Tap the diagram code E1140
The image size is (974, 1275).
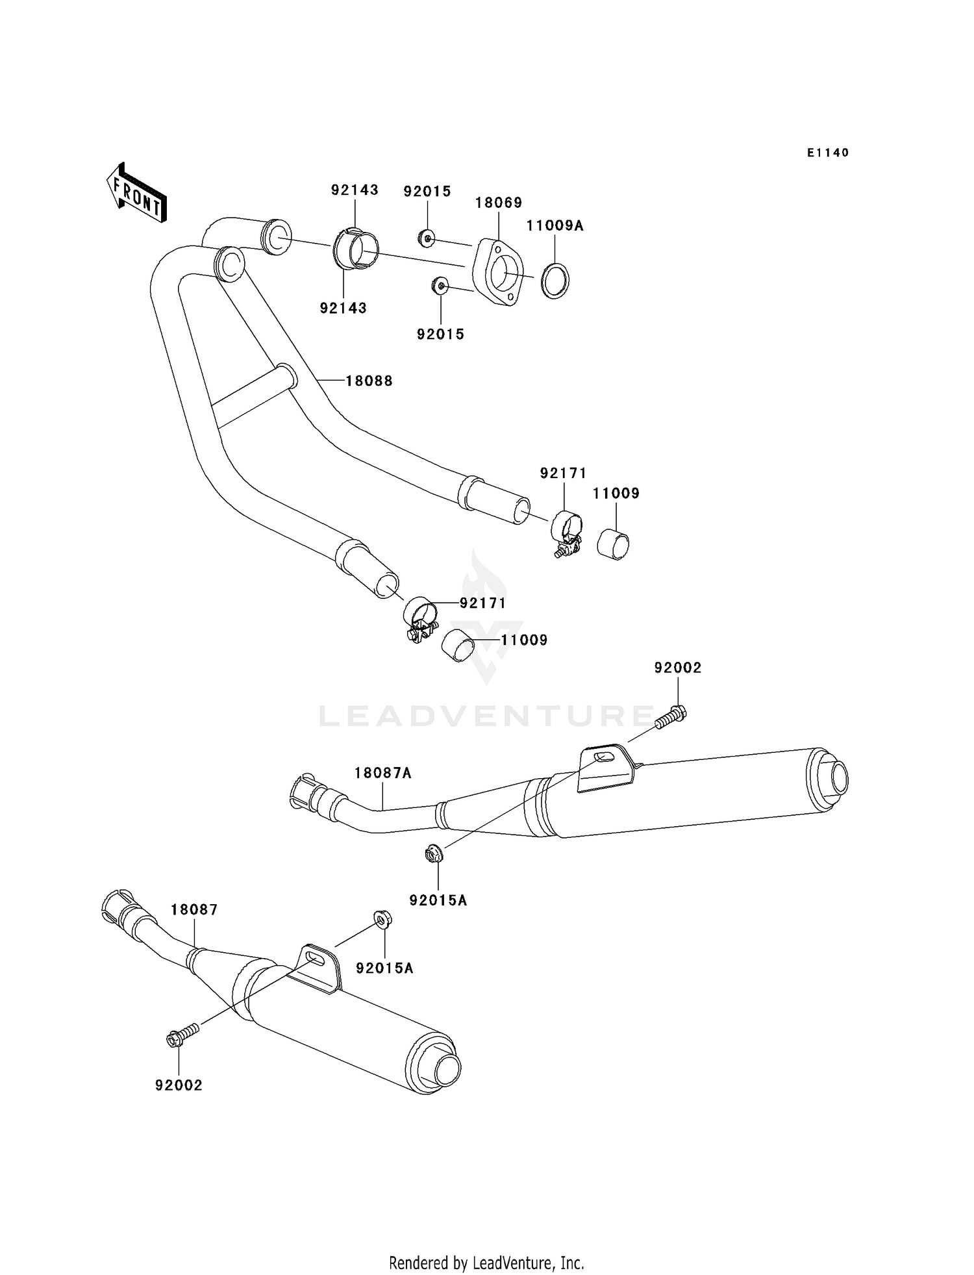click(x=828, y=153)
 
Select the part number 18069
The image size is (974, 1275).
click(x=498, y=202)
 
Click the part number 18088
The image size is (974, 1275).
click(x=369, y=381)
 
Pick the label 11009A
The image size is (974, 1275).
click(x=555, y=225)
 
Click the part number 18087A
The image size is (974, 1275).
click(x=383, y=773)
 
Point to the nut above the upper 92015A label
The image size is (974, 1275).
click(x=434, y=854)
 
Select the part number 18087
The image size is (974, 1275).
click(x=194, y=910)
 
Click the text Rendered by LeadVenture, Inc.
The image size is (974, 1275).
click(x=486, y=1263)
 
